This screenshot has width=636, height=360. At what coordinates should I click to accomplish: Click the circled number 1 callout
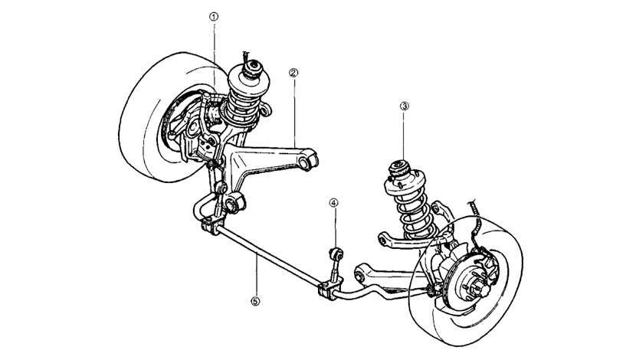click(214, 15)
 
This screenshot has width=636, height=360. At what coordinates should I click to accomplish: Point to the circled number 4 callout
click(333, 203)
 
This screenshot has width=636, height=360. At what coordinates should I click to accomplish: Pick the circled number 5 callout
click(255, 301)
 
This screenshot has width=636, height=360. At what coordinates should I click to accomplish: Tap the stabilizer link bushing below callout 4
click(334, 251)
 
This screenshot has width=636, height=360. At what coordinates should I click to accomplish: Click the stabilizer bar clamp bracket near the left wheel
click(207, 227)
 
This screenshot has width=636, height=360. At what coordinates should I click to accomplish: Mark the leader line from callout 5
click(255, 276)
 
